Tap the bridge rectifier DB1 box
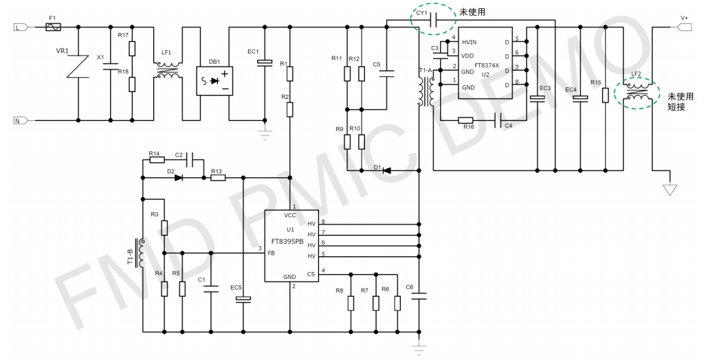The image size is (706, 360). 214,81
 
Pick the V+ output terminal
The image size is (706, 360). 685,27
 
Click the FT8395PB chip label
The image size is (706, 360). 287,241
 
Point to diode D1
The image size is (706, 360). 386,170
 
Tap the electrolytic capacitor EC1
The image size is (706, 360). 264,63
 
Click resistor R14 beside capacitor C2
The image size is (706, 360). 156,160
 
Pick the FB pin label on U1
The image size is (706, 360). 272,253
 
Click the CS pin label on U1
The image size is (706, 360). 311,274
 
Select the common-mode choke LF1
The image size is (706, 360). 168,71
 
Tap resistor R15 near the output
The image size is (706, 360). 605,95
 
